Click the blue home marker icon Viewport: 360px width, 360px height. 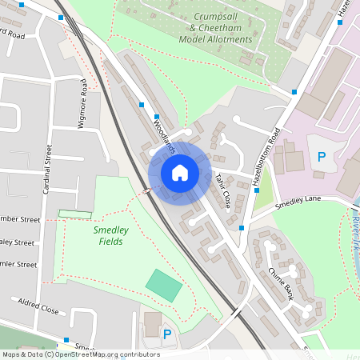tap(179, 172)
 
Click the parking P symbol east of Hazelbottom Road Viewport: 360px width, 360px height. tap(322, 157)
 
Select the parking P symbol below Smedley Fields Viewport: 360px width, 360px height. tap(167, 334)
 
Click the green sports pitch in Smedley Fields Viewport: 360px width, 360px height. tap(163, 285)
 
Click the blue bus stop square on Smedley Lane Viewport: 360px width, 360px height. tap(242, 228)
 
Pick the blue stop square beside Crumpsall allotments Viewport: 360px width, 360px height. tap(294, 92)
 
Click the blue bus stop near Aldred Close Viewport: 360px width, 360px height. tap(66, 339)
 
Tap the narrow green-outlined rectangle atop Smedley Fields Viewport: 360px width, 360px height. tap(74, 213)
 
